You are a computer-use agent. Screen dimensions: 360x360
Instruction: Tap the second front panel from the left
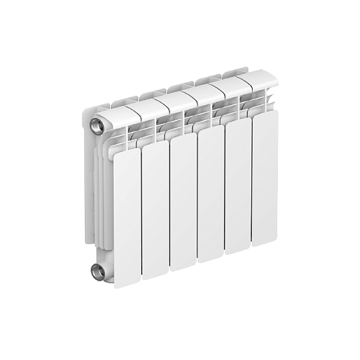(156, 209)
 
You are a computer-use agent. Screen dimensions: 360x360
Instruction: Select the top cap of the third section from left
(173, 103)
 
